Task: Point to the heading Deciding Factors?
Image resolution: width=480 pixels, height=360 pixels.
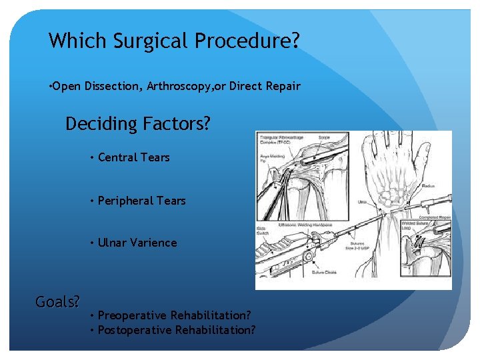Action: [137, 124]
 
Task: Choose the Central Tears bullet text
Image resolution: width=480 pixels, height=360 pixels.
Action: [133, 157]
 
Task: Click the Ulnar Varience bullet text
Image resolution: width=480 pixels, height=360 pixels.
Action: [137, 243]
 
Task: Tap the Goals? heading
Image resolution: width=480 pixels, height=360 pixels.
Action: [57, 302]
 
